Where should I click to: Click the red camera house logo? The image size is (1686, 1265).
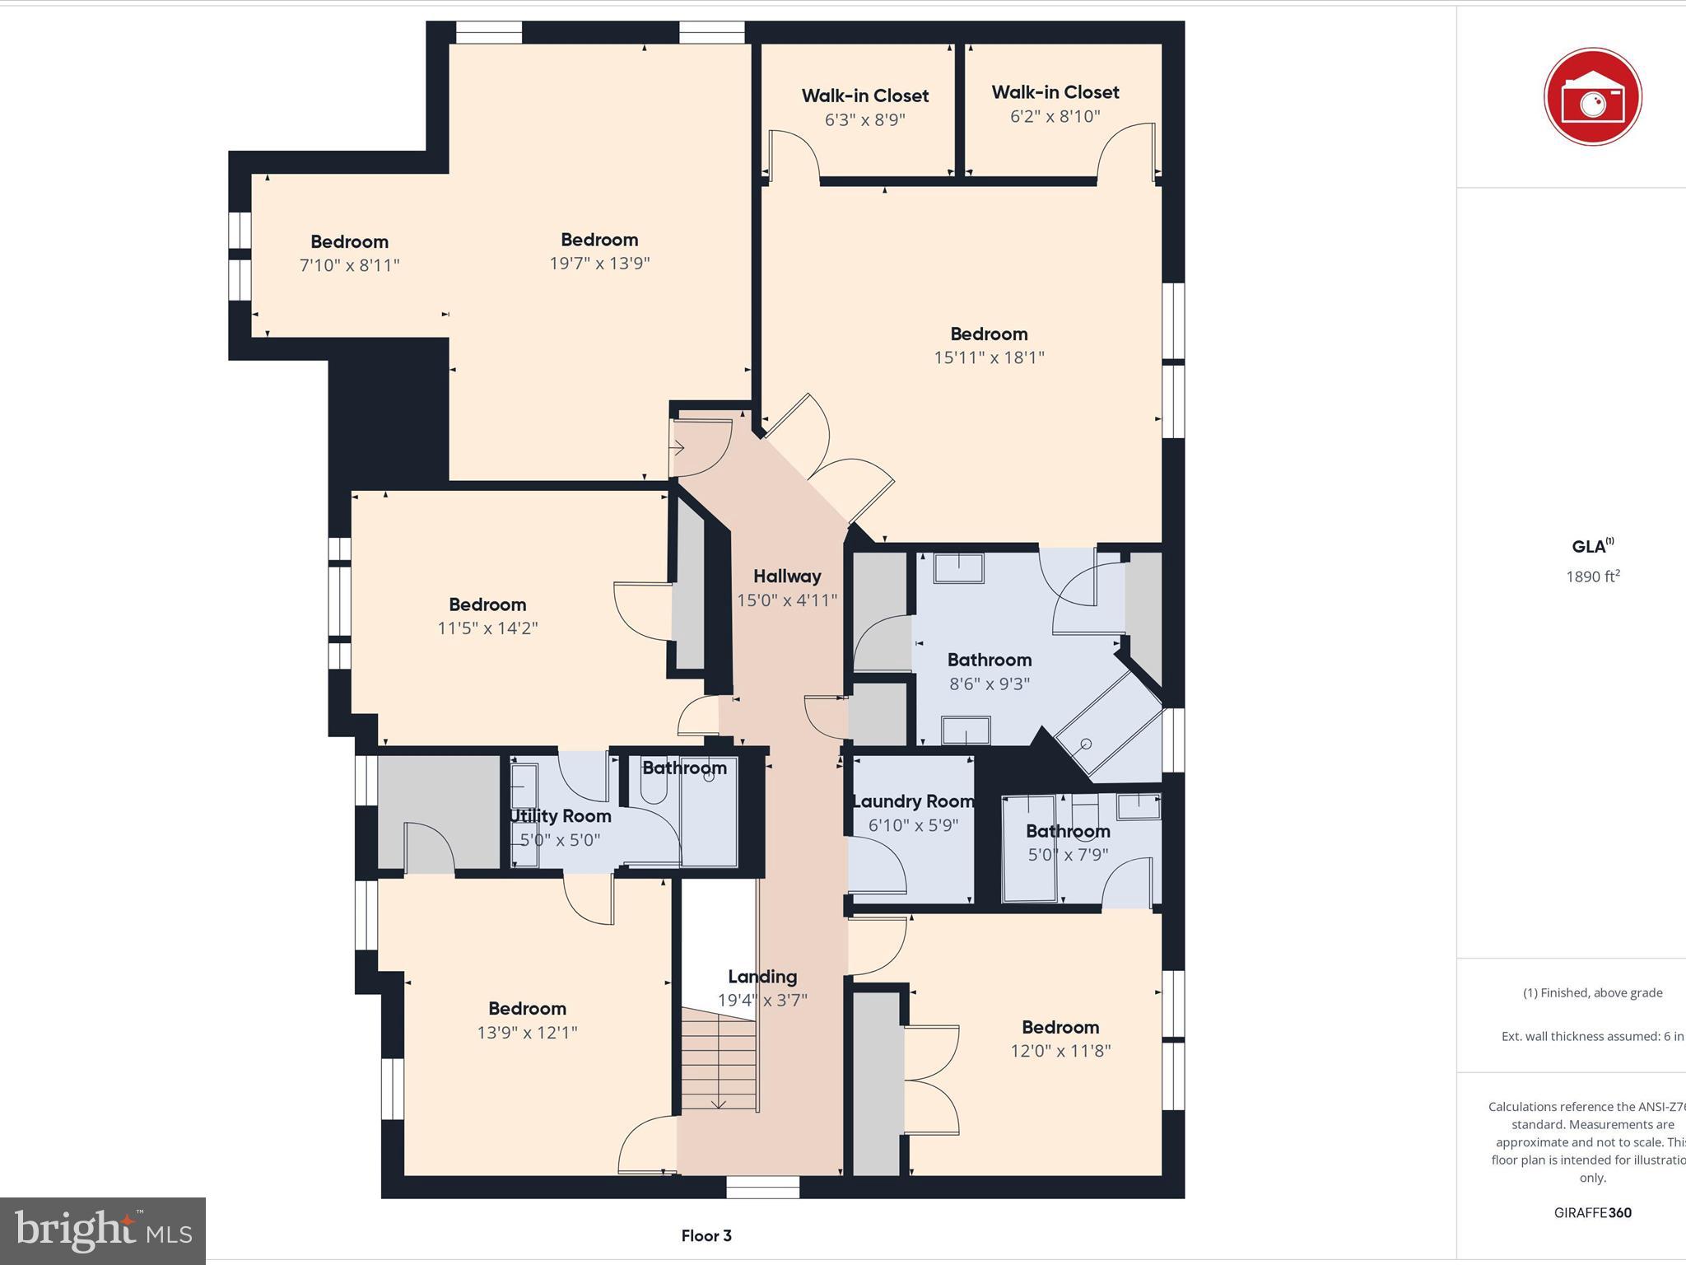pos(1592,97)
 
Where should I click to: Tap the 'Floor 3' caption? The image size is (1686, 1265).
pos(706,1235)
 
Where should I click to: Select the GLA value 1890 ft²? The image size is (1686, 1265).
pos(1592,576)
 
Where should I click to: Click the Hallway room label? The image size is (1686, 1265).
pos(787,576)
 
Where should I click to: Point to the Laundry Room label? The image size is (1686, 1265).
pos(913,801)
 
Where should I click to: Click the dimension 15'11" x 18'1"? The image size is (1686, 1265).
pos(989,357)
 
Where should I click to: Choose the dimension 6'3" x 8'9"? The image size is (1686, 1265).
pos(864,119)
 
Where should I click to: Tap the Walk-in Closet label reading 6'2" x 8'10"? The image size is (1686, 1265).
pos(1055,92)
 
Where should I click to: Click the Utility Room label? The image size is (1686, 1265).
pos(561,816)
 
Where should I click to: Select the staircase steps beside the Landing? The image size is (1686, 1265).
pos(719,1062)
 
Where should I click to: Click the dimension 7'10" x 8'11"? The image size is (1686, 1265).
pos(349,265)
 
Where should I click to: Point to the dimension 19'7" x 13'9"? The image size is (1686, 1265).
pos(599,264)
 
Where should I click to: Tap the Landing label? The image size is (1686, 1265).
pos(762,977)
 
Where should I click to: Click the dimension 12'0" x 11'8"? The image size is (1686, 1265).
pos(1060,1051)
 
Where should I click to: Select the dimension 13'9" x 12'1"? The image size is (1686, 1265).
pos(527,1033)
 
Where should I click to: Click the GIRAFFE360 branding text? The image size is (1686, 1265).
pos(1592,1212)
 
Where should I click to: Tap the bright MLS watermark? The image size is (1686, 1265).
pos(103,1230)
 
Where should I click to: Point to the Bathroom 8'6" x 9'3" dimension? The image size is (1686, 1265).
pos(989,684)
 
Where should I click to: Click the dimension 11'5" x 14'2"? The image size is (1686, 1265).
pos(487,628)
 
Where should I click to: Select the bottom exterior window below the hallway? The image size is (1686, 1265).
pos(762,1187)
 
